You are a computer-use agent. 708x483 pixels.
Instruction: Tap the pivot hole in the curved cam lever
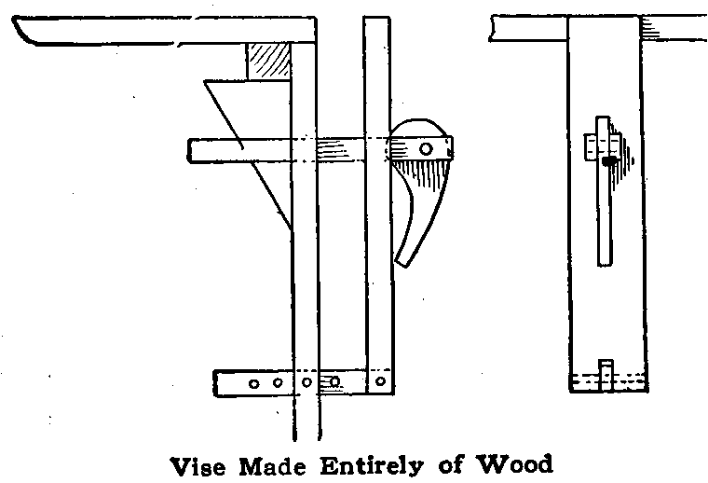click(x=425, y=148)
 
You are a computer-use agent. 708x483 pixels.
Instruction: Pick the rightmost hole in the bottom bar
click(x=379, y=382)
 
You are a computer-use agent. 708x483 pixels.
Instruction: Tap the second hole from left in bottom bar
click(x=279, y=382)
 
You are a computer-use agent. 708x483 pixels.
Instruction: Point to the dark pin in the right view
click(x=609, y=160)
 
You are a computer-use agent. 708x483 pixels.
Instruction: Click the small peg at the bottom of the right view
click(x=606, y=373)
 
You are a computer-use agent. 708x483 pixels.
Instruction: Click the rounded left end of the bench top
click(x=23, y=34)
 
